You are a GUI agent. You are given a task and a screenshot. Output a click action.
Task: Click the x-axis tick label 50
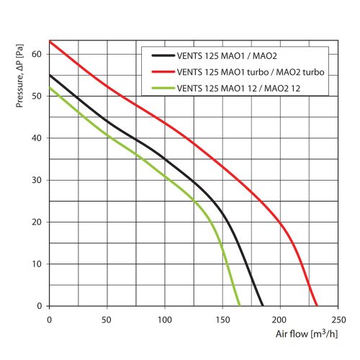[107, 318]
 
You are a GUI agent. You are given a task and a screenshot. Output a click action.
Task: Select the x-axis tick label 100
[165, 318]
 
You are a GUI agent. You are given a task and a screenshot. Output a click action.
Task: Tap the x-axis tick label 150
[222, 318]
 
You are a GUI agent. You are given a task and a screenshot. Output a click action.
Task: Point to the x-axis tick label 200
[281, 318]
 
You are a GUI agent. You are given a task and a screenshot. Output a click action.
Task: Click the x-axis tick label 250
[338, 318]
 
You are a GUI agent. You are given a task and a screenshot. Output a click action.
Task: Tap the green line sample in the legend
[162, 87]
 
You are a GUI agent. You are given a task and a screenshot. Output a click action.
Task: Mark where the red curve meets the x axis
[316, 306]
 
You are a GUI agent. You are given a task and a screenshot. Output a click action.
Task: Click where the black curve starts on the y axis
[49, 75]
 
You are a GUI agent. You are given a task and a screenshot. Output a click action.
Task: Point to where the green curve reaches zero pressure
[239, 306]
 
